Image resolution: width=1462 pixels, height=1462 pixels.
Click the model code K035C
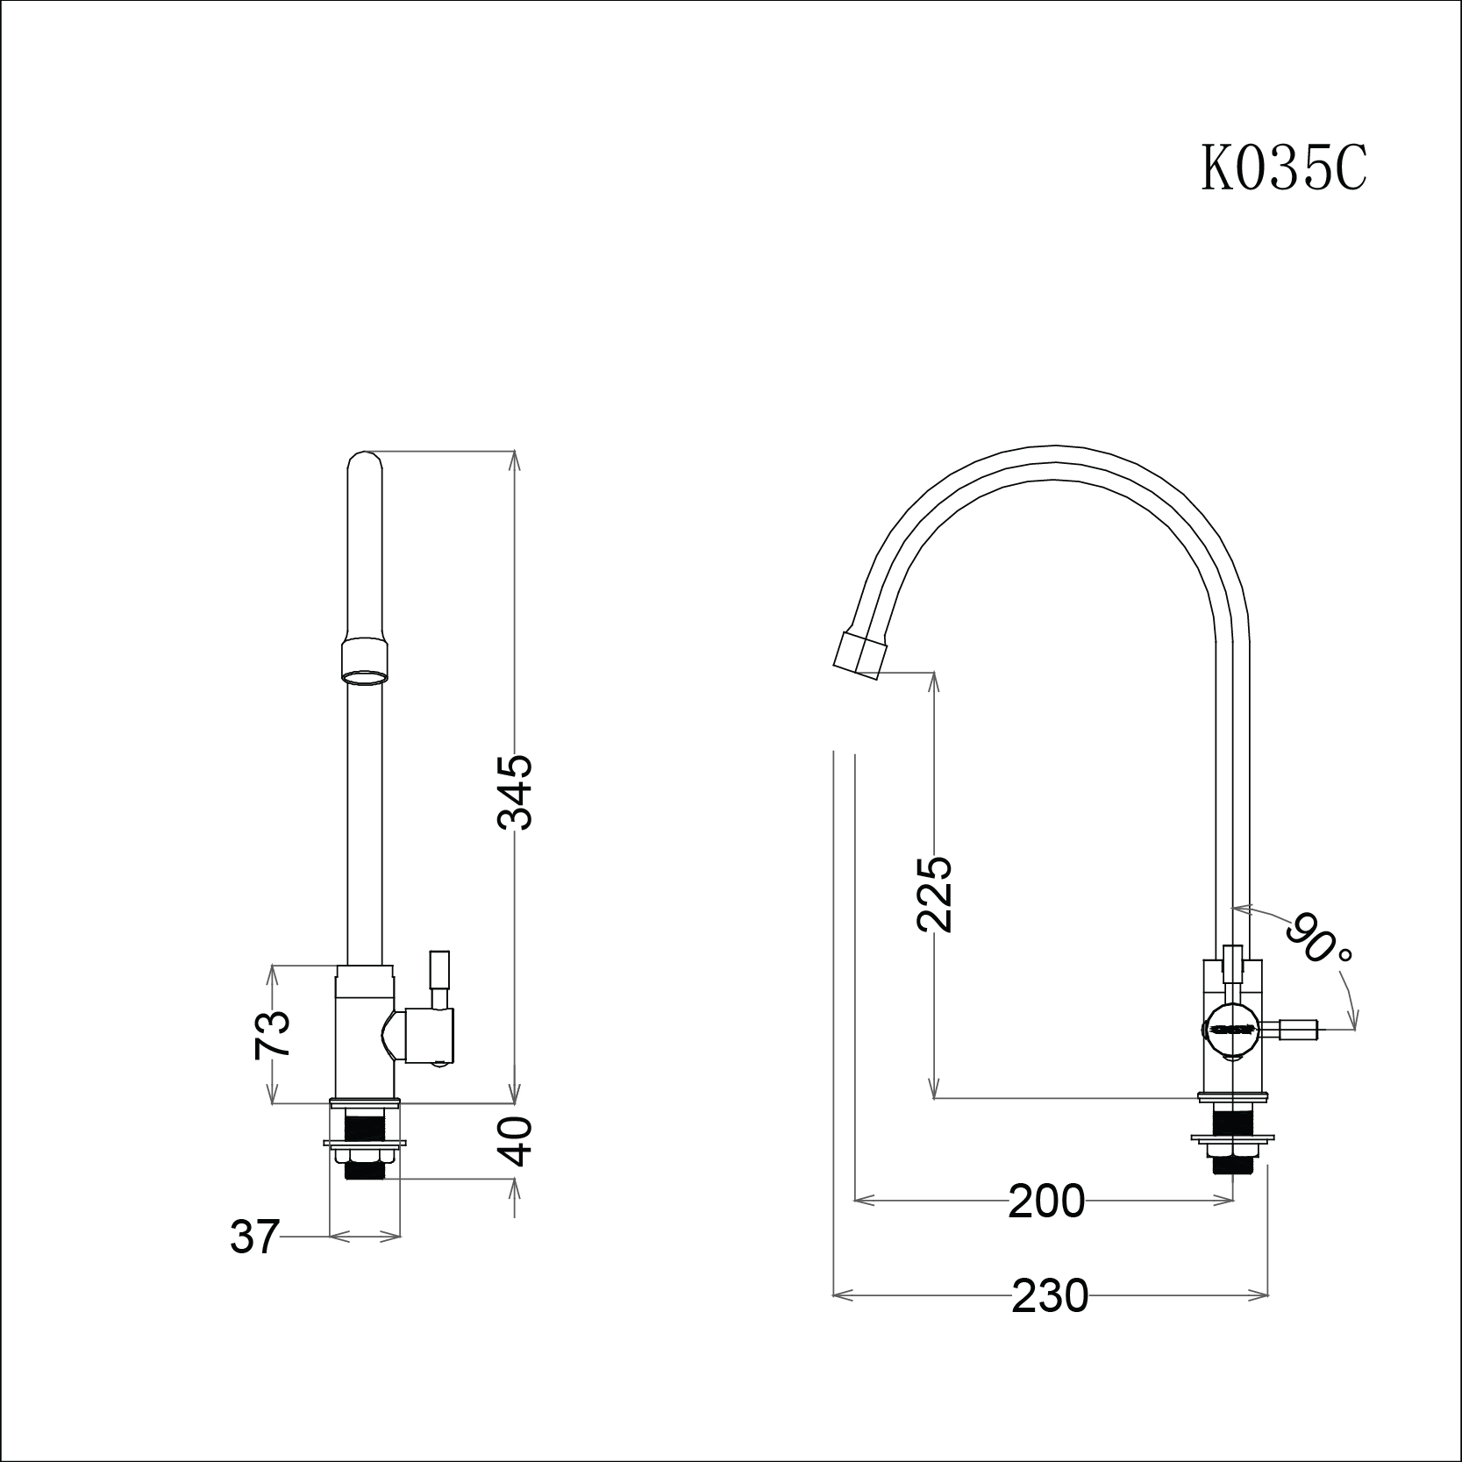1284,169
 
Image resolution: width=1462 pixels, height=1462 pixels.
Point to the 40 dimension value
518,1141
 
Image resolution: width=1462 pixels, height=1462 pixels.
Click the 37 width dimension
254,1237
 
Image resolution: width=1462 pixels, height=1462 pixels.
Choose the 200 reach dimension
1046,1202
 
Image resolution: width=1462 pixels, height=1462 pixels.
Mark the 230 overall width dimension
1050,1294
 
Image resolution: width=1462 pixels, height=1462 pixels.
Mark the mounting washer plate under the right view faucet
1232,1139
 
